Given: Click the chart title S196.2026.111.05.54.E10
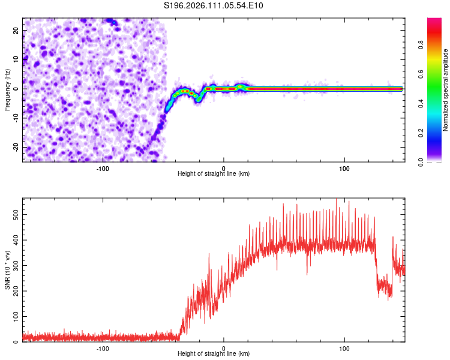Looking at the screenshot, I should pyautogui.click(x=214, y=6).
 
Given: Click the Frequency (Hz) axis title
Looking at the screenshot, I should pyautogui.click(x=7, y=89).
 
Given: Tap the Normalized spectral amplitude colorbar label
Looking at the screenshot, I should pyautogui.click(x=446, y=90).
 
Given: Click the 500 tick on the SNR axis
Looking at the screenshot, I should pyautogui.click(x=14, y=214).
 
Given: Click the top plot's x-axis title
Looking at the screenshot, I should pyautogui.click(x=214, y=173).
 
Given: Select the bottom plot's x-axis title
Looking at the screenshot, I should pyautogui.click(x=214, y=354).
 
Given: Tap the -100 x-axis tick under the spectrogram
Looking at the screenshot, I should pyautogui.click(x=103, y=168).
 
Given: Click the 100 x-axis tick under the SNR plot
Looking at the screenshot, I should pyautogui.click(x=344, y=348).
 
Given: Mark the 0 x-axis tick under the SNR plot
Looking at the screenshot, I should pyautogui.click(x=224, y=348).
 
